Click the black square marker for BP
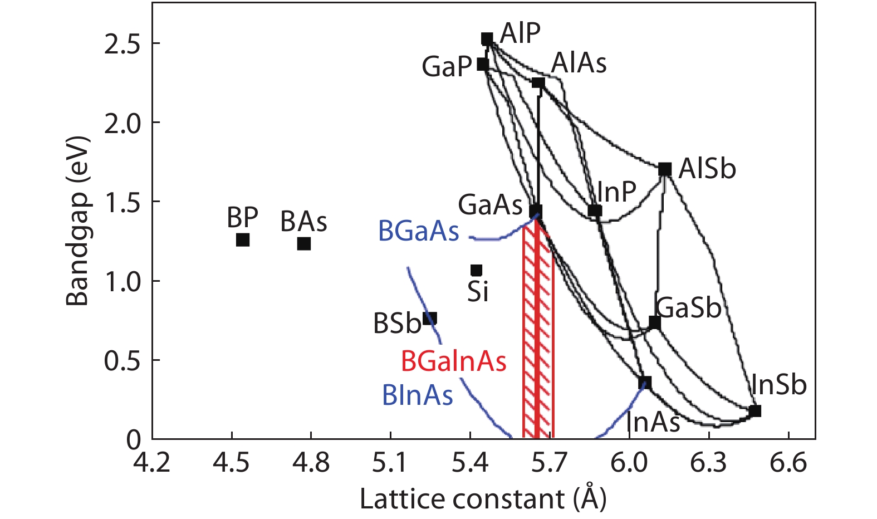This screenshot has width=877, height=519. tap(243, 240)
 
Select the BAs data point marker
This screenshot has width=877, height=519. tap(303, 243)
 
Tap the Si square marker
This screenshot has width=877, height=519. tap(476, 270)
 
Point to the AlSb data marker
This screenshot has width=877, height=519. tap(664, 169)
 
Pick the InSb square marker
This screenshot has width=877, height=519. tap(754, 411)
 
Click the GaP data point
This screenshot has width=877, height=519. tap(483, 65)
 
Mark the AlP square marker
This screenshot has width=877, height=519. tap(487, 39)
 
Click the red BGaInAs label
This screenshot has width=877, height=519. tap(453, 362)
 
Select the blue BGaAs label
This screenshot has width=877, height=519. tap(419, 231)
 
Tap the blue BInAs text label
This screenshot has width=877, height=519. tap(417, 395)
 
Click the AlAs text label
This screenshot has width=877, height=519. tap(579, 63)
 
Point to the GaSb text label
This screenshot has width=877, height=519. tap(688, 308)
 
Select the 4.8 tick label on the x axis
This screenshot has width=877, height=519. tap(311, 463)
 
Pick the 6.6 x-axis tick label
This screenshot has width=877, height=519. tap(788, 463)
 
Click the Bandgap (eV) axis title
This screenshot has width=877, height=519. tap(77, 221)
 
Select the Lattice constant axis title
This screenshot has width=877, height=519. tap(482, 499)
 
